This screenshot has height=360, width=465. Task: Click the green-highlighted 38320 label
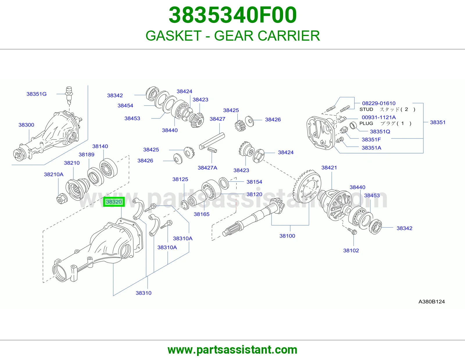point(114,202)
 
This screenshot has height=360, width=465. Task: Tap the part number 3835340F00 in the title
point(233,15)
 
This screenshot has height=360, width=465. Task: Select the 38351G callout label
point(36,94)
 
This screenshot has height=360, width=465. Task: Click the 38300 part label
point(26,125)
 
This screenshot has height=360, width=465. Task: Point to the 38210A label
point(54,174)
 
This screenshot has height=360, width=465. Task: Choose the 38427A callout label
point(207,168)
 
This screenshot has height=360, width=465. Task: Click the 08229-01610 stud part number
point(379,103)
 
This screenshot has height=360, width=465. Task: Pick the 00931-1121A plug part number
point(379,117)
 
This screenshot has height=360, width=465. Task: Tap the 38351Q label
point(380,132)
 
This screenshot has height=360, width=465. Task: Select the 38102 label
point(351,250)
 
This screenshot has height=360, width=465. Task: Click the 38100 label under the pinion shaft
point(287,236)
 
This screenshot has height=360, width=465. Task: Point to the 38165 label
point(202,214)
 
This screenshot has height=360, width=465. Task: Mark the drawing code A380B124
point(432,302)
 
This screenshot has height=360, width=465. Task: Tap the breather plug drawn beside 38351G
point(69,96)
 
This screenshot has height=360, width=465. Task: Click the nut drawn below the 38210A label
point(62,198)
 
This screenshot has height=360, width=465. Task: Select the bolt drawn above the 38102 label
point(352,231)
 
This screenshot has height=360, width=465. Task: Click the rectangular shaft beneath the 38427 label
point(212,141)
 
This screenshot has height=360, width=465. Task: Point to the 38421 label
point(329,168)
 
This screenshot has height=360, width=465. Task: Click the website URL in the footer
point(233,350)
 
